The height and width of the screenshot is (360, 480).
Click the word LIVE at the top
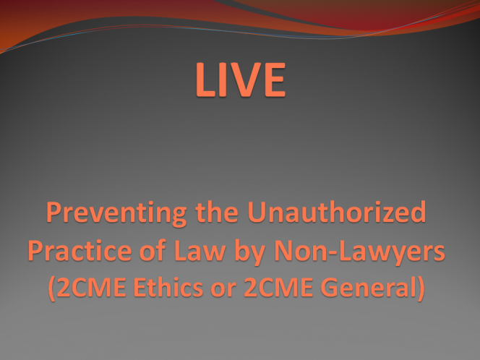click(x=241, y=80)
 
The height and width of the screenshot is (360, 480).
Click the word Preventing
click(x=116, y=214)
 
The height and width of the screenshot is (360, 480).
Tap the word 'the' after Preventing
click(x=217, y=211)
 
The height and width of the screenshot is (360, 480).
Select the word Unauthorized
click(x=337, y=211)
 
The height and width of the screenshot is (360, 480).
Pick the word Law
click(x=200, y=250)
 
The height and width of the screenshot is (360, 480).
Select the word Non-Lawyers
click(x=359, y=252)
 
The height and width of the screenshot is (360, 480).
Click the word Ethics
click(x=168, y=287)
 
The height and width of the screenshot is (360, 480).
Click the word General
click(x=368, y=287)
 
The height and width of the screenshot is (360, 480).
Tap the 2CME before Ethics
click(x=91, y=287)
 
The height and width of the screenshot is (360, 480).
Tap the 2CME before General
click(x=278, y=287)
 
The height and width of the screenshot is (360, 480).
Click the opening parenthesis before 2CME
click(x=52, y=288)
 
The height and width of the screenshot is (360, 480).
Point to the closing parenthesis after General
click(x=421, y=288)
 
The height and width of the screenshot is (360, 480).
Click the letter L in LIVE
click(x=205, y=80)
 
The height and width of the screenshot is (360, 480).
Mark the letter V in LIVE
click(x=242, y=80)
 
